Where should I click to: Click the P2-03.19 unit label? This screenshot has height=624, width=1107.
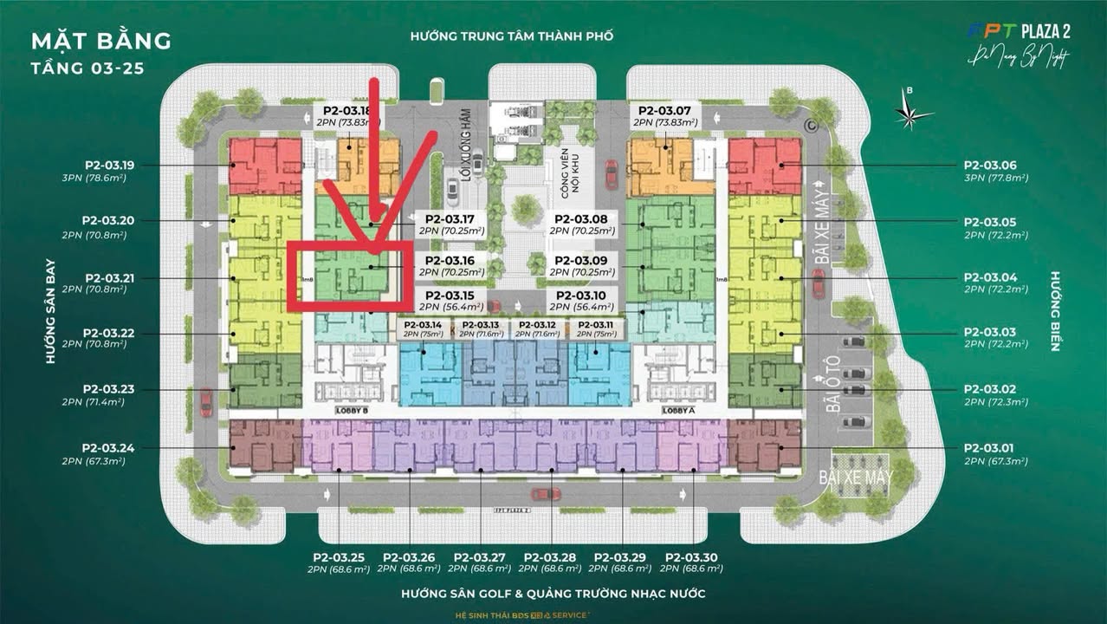(x=109, y=165)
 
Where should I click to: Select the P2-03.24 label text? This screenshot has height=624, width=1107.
(x=109, y=448)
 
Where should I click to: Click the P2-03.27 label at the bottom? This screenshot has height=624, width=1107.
(x=479, y=557)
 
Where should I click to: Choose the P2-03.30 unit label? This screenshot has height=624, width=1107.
(x=692, y=557)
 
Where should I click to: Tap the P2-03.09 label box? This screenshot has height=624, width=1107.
(x=582, y=265)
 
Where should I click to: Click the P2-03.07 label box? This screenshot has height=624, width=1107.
(x=664, y=116)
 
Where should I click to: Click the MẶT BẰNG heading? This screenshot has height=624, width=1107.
(x=101, y=41)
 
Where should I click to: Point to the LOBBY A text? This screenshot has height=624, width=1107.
(x=678, y=410)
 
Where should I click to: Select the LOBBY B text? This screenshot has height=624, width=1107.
(x=353, y=410)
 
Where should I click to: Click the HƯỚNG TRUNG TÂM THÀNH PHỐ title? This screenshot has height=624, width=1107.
(x=513, y=36)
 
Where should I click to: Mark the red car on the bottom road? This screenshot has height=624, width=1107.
(x=546, y=494)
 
